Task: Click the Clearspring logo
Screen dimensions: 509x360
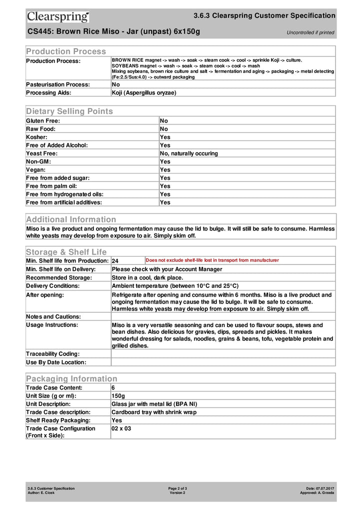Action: pos(58,17)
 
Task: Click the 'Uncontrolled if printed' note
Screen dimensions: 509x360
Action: pos(310,32)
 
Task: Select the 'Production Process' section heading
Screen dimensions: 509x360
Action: pos(66,51)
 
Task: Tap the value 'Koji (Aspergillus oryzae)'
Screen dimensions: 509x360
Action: pos(144,92)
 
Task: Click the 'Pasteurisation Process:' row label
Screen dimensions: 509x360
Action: pos(58,84)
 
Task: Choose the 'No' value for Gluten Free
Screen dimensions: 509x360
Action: pos(164,120)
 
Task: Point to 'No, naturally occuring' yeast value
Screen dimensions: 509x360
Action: pos(189,153)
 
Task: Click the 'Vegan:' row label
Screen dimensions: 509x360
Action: pos(36,169)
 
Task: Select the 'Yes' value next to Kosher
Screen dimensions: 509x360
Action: pos(165,137)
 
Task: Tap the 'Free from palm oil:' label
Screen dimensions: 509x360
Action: pos(55,186)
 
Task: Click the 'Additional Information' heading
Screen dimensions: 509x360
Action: pos(71,219)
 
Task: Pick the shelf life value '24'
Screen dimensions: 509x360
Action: pos(115,261)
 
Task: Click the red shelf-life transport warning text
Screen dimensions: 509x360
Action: pos(212,260)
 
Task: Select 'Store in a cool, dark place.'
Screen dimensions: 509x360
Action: pos(147,277)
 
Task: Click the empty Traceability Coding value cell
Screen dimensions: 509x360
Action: pos(223,354)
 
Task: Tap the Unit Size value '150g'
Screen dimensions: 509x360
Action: pos(118,395)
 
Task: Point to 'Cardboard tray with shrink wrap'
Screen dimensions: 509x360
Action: pos(154,412)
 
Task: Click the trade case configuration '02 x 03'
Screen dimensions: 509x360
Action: pos(121,428)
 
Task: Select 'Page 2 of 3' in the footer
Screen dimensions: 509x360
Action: pos(177,488)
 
